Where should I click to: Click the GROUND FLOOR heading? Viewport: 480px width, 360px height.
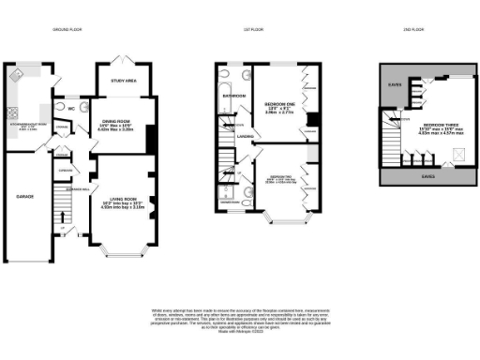click(67, 30)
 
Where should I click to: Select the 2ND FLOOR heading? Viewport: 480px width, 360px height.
click(401, 30)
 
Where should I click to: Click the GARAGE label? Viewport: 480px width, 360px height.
click(25, 197)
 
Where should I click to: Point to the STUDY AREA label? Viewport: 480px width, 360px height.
click(125, 82)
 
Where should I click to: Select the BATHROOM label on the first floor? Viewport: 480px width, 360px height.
click(232, 96)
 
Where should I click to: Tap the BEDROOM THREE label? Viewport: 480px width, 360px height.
click(441, 125)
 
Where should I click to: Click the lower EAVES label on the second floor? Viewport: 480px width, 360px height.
click(427, 174)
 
